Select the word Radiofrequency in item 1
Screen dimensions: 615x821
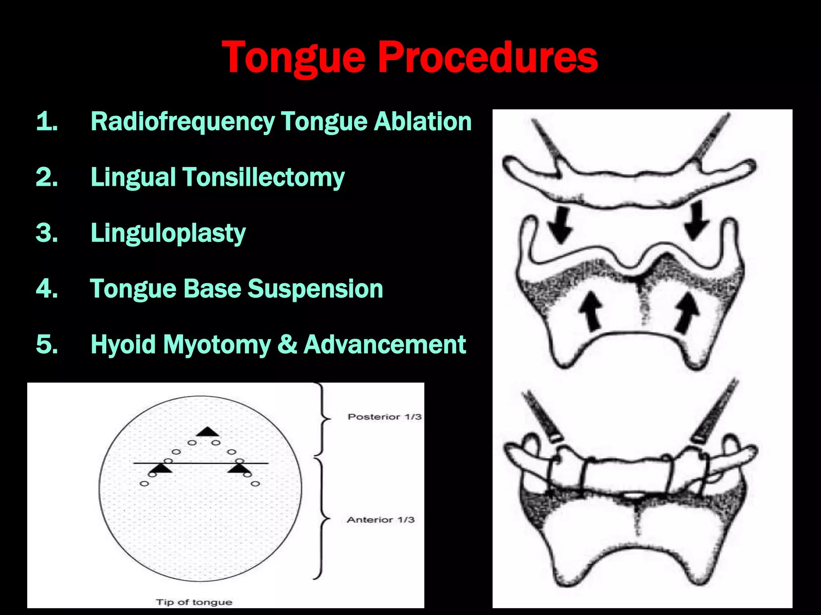point(183,121)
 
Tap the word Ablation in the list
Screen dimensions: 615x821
point(423,121)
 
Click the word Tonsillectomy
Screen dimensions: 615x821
point(264,177)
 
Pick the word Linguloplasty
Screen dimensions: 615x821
point(168,233)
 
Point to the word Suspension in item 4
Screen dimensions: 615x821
point(315,289)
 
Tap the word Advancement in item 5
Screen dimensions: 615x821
point(385,344)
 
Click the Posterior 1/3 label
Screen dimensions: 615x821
point(384,417)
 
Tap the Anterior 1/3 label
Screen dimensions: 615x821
point(380,520)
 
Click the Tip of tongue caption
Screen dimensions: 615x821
point(194,602)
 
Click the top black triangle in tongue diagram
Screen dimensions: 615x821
point(207,432)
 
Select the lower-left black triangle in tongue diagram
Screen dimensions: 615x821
point(162,468)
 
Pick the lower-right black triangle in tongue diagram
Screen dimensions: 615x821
point(239,468)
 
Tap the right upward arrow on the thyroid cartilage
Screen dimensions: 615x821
point(687,312)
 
